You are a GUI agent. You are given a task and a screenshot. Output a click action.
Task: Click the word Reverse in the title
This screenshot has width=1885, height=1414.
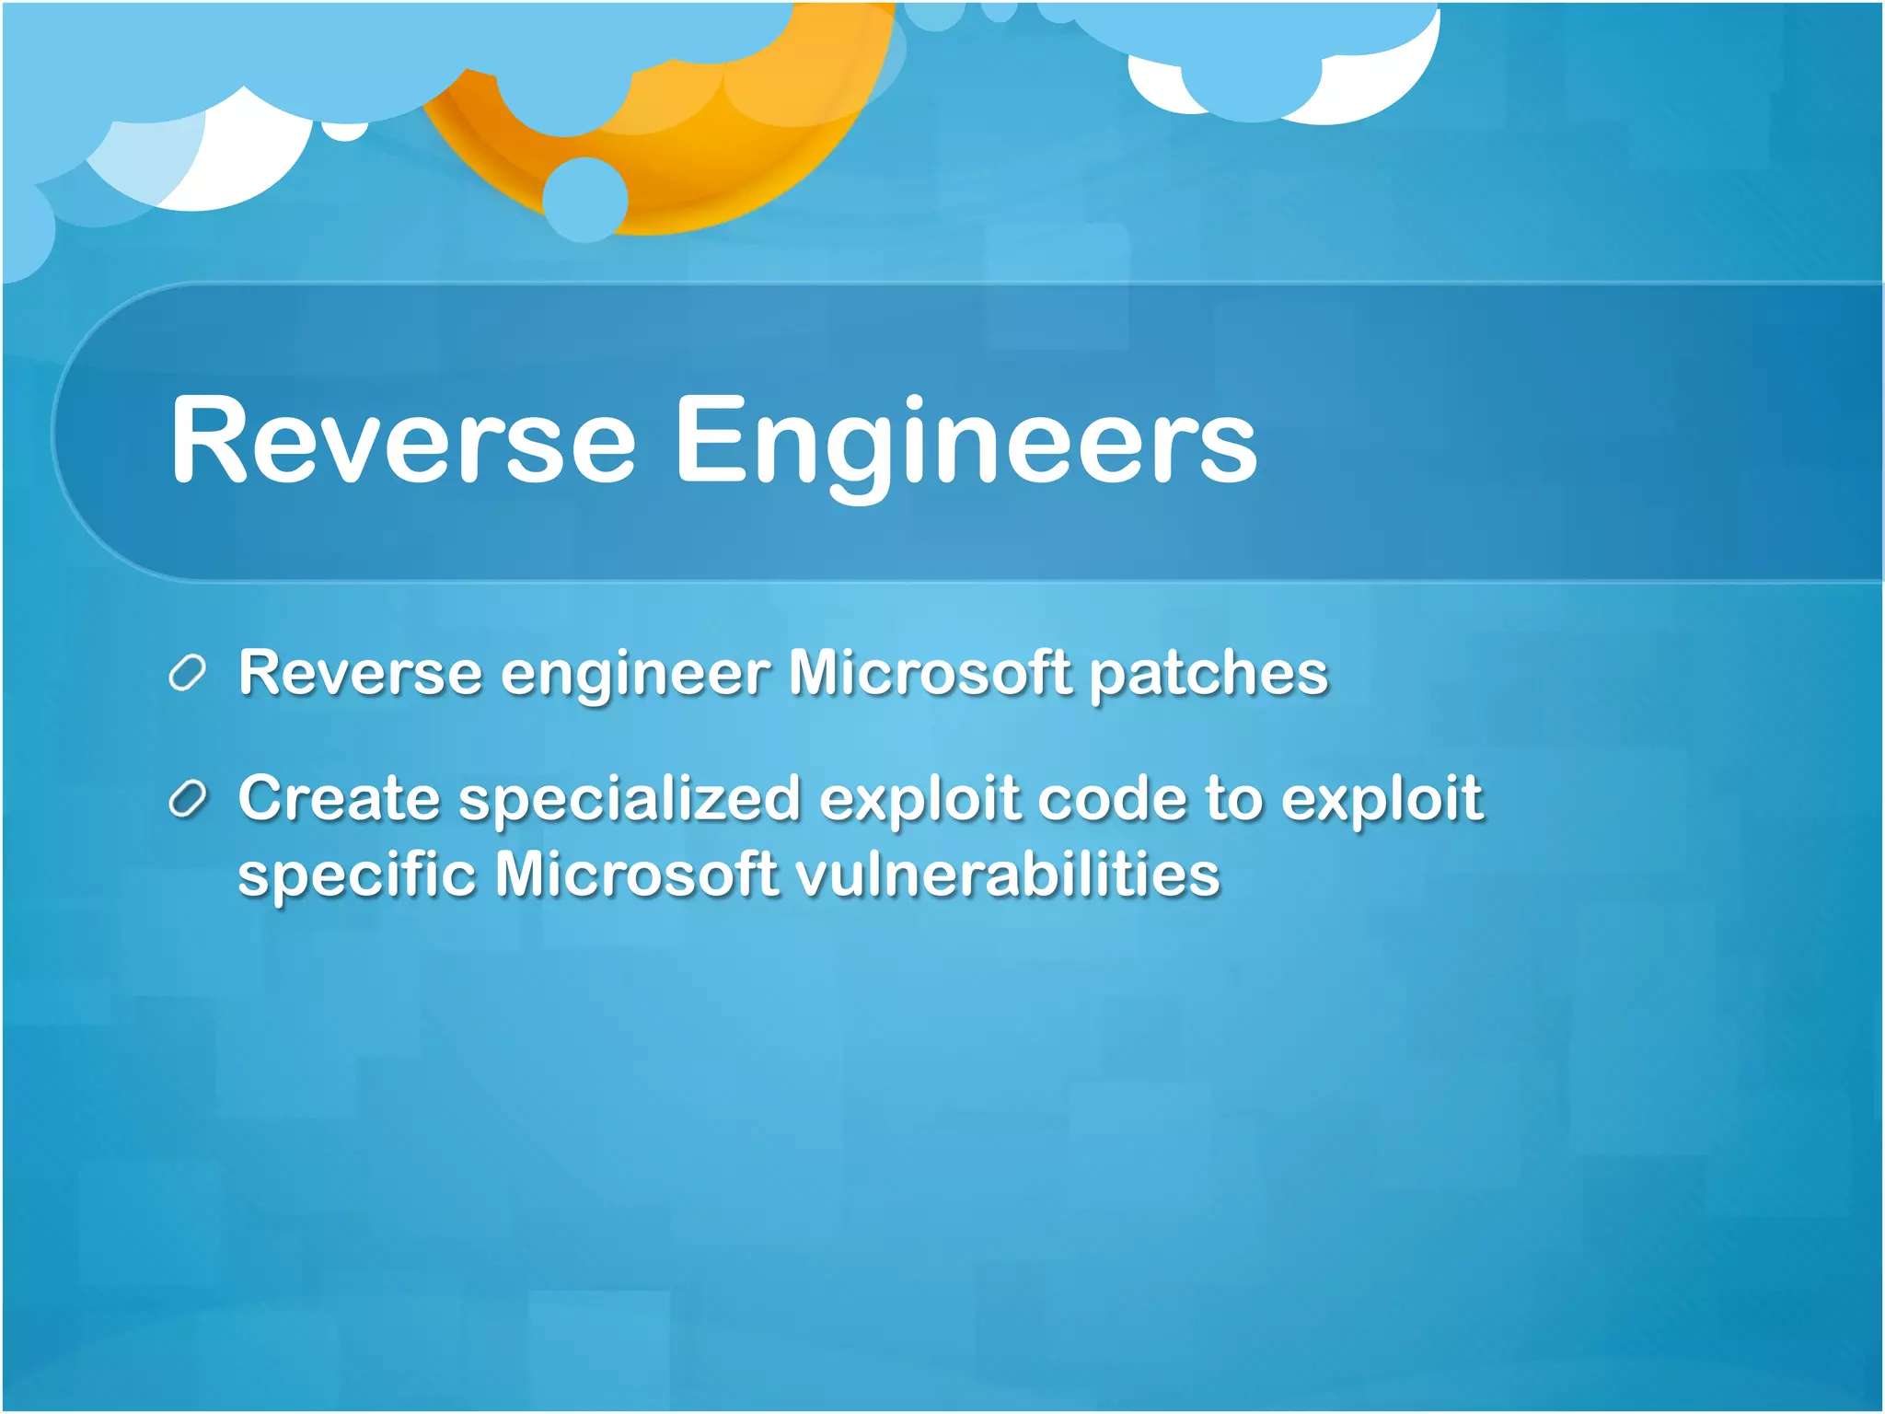point(402,440)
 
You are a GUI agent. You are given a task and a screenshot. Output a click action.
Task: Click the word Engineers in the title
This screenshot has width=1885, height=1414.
point(966,442)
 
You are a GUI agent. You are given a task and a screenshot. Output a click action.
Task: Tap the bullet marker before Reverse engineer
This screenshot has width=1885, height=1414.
point(187,674)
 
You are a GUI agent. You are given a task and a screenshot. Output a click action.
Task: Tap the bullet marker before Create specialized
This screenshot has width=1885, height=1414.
point(187,799)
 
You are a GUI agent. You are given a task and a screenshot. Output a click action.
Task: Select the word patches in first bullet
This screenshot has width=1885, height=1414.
point(1208,675)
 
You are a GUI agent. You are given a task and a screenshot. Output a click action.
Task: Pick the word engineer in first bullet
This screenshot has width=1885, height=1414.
point(635,675)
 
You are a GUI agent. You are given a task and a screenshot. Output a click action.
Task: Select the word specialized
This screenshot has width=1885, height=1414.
point(630,799)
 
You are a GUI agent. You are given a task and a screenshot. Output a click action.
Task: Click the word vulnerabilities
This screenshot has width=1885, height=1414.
point(1007,874)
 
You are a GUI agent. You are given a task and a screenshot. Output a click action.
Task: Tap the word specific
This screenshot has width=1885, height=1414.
point(356,875)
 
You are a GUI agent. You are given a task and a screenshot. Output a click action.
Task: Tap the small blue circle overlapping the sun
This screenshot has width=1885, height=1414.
point(584,200)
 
